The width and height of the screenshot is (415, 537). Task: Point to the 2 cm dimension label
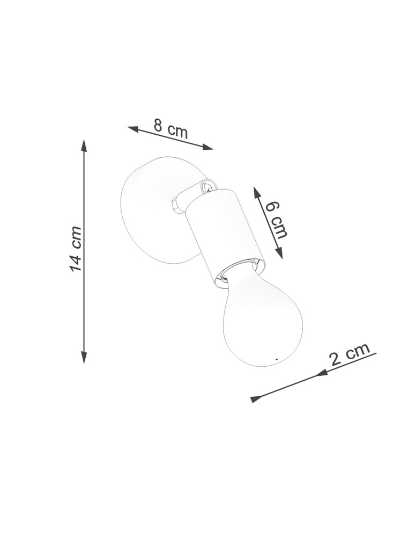350,354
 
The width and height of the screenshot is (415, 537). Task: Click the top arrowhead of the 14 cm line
84,144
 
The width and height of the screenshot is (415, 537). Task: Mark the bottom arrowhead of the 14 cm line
84,358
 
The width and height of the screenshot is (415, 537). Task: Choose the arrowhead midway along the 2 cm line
322,373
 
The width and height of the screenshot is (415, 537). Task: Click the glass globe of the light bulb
263,322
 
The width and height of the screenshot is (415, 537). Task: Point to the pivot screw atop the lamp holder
206,186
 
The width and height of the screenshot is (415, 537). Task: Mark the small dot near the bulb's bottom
276,359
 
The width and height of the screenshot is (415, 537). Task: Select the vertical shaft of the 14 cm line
84,301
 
